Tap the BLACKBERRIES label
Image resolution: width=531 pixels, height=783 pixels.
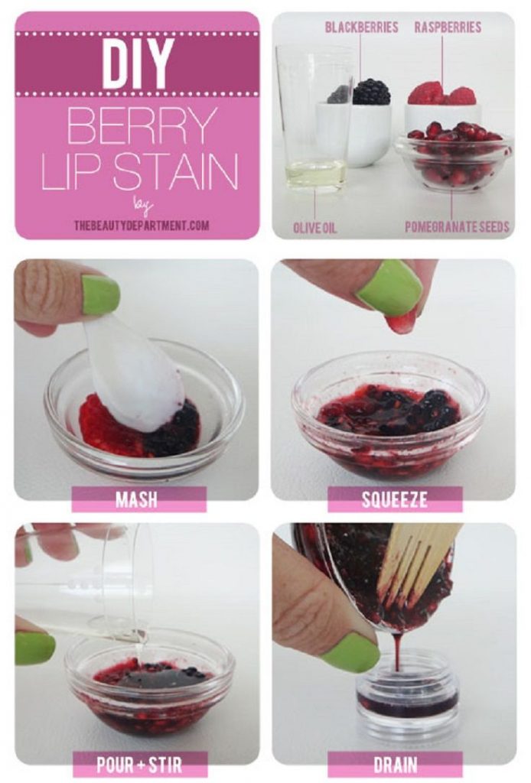[x=361, y=27]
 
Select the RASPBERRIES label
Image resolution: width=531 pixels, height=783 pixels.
[x=448, y=27]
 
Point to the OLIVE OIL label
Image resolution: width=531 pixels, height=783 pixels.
[x=314, y=228]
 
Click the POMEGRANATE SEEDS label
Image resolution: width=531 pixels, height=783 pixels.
[x=457, y=227]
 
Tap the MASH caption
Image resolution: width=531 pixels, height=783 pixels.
[x=136, y=499]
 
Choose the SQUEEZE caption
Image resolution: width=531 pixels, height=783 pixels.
[x=394, y=499]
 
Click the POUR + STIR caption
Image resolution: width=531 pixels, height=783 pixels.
[x=138, y=764]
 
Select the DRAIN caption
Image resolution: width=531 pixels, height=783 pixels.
[x=396, y=764]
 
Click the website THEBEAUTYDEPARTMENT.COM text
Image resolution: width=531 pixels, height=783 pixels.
[x=142, y=226]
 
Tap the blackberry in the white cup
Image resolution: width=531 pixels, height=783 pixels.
[x=372, y=92]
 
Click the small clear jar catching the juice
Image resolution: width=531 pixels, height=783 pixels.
[x=406, y=694]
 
